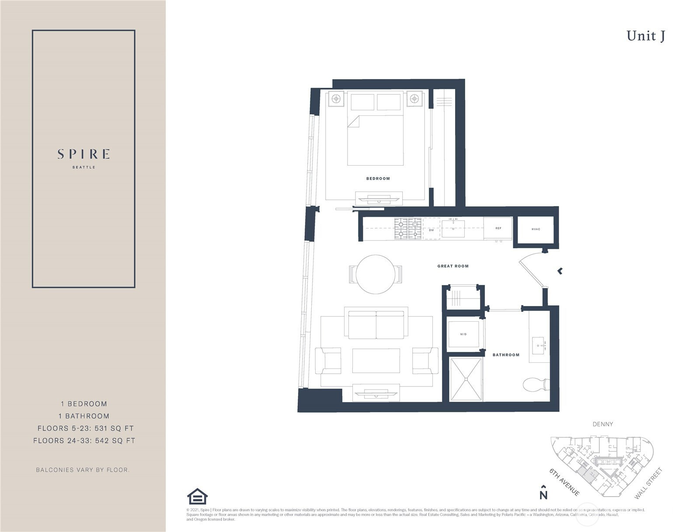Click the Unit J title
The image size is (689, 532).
click(x=645, y=36)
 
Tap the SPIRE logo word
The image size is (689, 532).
click(x=84, y=154)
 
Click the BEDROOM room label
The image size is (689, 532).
click(x=378, y=178)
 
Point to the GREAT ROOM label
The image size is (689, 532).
click(x=452, y=266)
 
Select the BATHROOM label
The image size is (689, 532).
click(x=506, y=355)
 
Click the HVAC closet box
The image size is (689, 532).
click(x=536, y=229)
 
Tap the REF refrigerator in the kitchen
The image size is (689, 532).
click(x=498, y=228)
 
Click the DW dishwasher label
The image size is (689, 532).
click(x=431, y=230)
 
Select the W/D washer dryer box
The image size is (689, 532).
click(x=463, y=334)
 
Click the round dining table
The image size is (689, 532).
click(x=376, y=275)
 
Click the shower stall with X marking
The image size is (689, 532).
click(x=466, y=379)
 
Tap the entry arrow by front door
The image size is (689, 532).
click(x=560, y=271)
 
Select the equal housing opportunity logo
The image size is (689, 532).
click(x=197, y=496)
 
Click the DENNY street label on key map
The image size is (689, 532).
click(x=602, y=424)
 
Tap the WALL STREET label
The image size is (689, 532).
click(x=648, y=483)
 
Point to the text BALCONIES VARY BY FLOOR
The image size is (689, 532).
click(x=83, y=470)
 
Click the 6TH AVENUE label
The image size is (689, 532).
click(x=564, y=482)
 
